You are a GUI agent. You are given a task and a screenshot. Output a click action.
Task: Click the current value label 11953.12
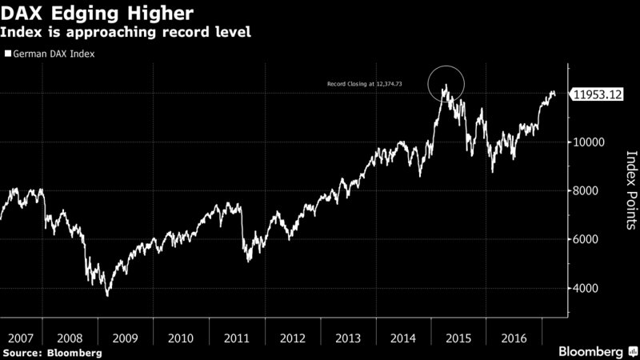click(x=598, y=94)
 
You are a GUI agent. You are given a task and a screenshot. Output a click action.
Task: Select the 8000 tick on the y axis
click(x=588, y=191)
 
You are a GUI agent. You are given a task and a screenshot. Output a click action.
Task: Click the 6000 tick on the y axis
click(x=588, y=240)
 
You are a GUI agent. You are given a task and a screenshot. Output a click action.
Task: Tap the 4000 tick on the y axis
click(x=588, y=289)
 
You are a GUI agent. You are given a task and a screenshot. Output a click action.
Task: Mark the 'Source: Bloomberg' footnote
click(x=52, y=353)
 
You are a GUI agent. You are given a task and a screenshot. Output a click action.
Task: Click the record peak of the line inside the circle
click(x=445, y=85)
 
